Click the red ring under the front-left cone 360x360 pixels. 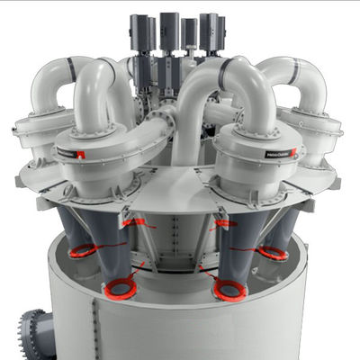click(119, 290)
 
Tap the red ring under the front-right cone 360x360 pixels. click(229, 290)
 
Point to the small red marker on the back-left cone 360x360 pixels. click(137, 222)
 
